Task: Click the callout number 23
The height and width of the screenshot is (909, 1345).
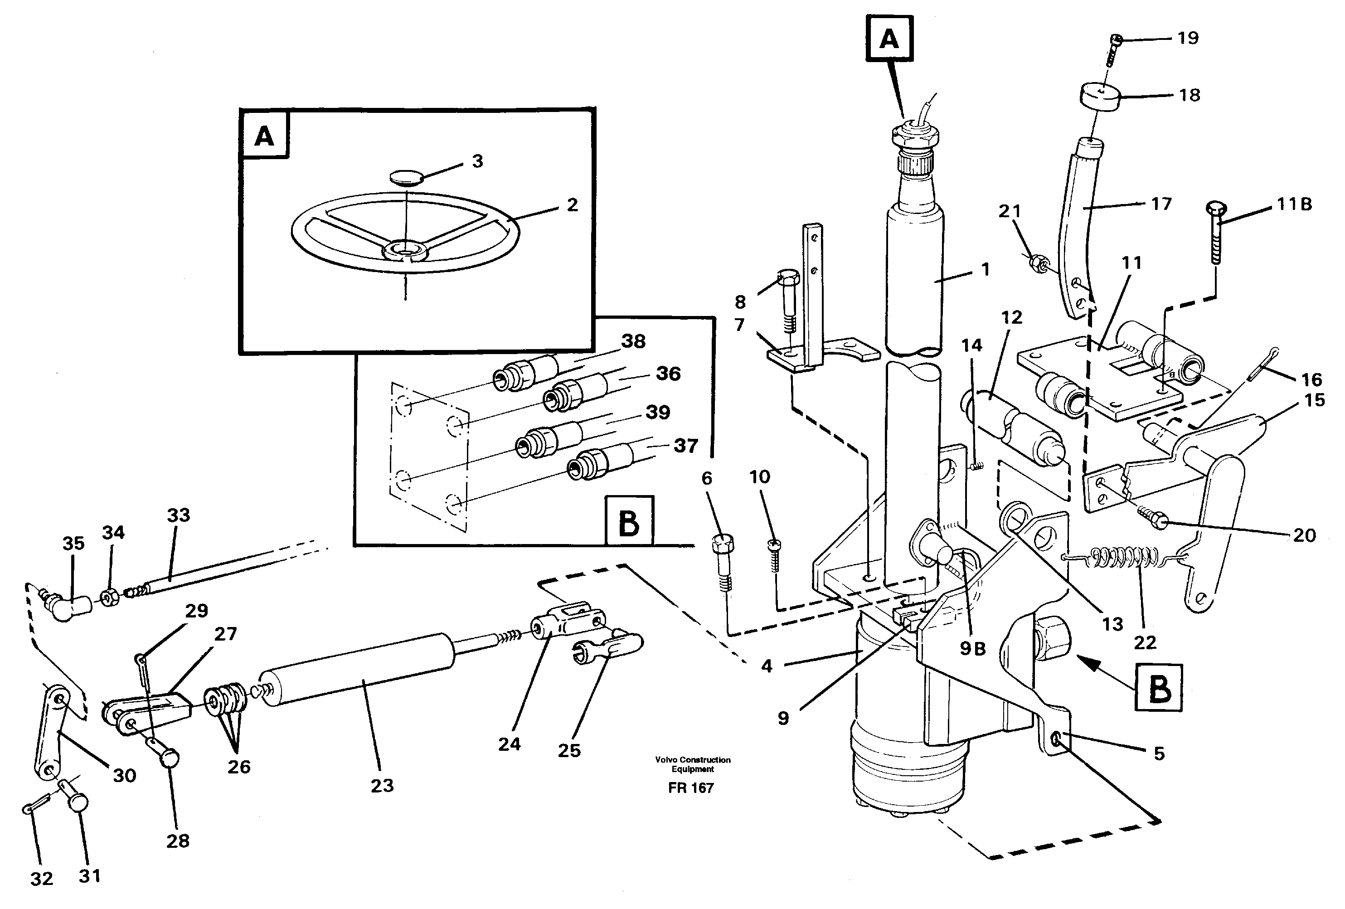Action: (382, 786)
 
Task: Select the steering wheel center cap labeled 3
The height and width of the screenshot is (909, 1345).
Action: (407, 176)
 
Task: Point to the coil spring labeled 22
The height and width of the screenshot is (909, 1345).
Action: (1124, 557)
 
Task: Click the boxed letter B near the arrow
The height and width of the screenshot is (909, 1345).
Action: (1159, 688)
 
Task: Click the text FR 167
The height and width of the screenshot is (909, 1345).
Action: (690, 788)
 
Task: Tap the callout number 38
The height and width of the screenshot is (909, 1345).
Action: (633, 341)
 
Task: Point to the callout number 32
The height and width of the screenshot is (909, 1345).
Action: (42, 879)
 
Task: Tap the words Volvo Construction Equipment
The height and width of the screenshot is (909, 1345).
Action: (692, 764)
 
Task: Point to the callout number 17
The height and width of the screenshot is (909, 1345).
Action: (1160, 204)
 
